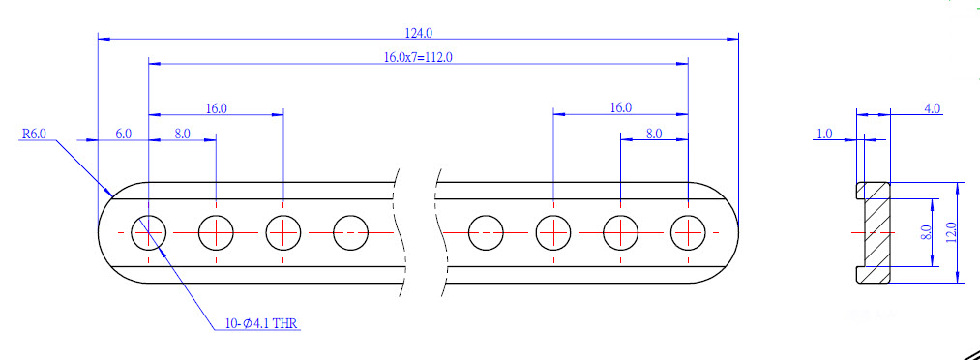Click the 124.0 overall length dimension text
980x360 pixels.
coord(418,32)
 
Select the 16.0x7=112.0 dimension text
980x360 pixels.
coord(418,57)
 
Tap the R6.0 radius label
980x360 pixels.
coord(35,134)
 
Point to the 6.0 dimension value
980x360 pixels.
coord(124,134)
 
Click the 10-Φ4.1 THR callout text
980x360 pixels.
coord(262,324)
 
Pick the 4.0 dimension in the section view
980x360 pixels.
coord(932,108)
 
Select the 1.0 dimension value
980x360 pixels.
coord(825,134)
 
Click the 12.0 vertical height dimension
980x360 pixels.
coord(951,232)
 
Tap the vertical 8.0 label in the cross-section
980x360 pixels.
coord(926,232)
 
